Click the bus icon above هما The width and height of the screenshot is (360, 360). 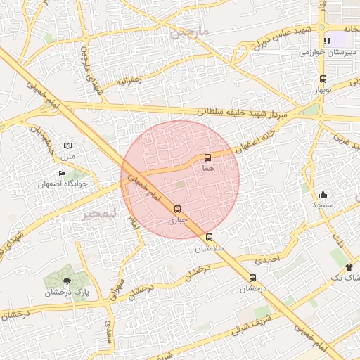(x=207, y=157)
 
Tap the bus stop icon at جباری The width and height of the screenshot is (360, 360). (x=176, y=209)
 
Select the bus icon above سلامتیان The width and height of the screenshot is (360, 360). (x=209, y=237)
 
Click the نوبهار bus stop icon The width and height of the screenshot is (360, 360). (x=323, y=79)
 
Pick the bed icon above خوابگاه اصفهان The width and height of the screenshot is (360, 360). (x=62, y=174)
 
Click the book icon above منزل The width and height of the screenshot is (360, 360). (x=67, y=144)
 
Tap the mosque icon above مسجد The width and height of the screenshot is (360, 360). (x=323, y=194)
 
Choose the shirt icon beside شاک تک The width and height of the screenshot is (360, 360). (x=349, y=267)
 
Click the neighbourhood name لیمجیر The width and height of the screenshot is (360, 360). (x=98, y=212)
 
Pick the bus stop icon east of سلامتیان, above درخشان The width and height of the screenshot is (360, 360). (x=253, y=278)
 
